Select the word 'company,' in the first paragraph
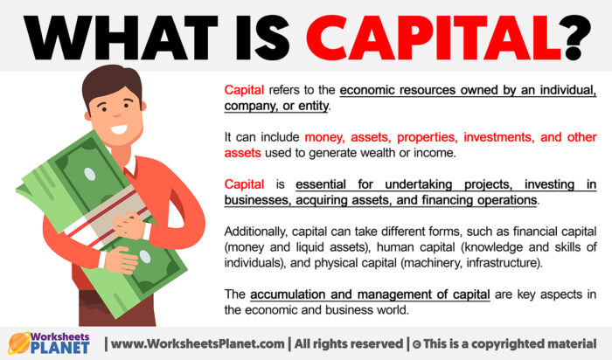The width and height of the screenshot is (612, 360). click(x=252, y=105)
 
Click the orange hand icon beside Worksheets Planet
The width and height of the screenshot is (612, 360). click(x=18, y=342)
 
